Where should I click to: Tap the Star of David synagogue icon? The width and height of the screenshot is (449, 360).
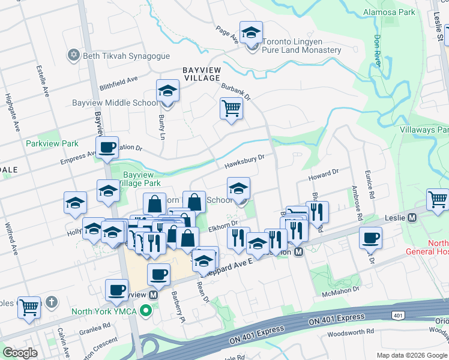(x=74, y=55)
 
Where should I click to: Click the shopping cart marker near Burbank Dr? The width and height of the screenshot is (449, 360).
(x=231, y=109)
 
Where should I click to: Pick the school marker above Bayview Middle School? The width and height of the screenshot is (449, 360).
(x=168, y=91)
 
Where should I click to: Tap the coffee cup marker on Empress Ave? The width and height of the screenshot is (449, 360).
(x=107, y=147)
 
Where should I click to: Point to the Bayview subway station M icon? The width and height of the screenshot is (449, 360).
(x=154, y=295)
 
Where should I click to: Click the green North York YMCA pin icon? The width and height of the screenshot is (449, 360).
(x=145, y=311)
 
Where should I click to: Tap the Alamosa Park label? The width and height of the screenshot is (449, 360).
(x=389, y=12)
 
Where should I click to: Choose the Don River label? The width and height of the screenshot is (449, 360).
(x=377, y=50)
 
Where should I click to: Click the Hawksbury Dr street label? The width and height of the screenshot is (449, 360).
(x=245, y=161)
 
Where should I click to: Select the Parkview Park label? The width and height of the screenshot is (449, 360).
(x=52, y=144)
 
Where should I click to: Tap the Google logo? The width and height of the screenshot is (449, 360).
(x=20, y=353)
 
